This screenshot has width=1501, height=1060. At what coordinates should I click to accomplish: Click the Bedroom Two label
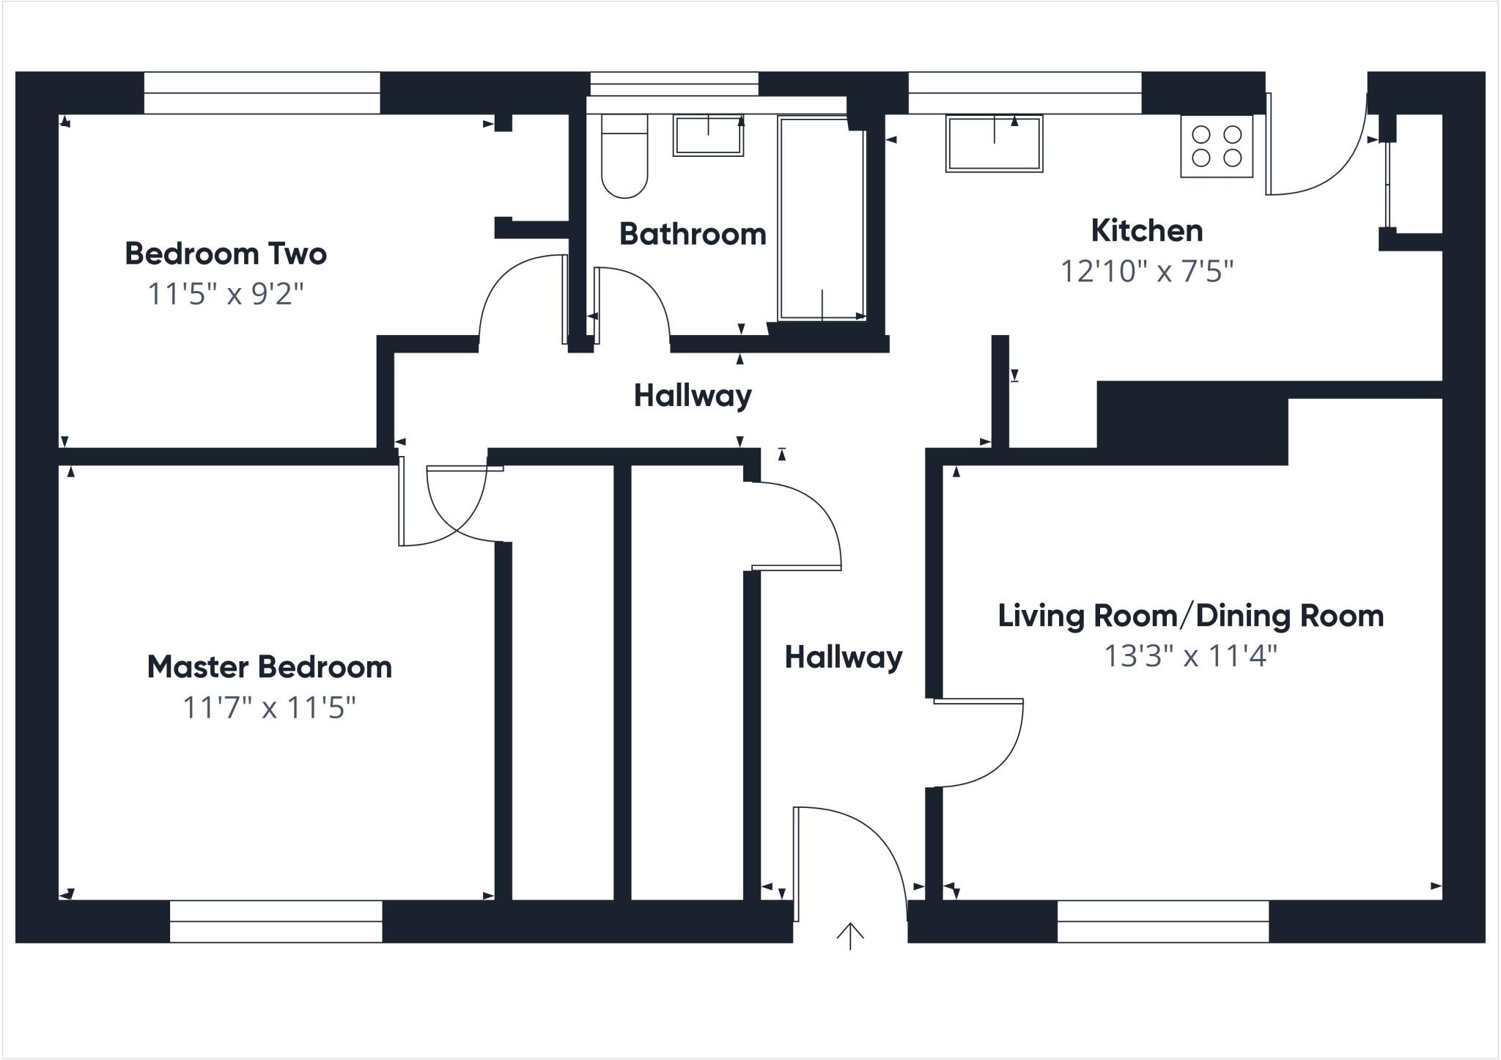[x=226, y=254]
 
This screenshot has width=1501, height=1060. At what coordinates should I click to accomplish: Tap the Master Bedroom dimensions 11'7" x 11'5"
[x=269, y=708]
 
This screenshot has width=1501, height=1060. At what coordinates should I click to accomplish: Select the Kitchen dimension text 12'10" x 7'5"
[x=1147, y=272]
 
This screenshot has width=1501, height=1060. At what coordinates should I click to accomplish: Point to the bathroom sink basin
[x=708, y=136]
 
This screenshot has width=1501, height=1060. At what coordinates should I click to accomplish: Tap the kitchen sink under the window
[x=994, y=144]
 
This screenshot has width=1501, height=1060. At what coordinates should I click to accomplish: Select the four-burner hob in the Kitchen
[x=1217, y=146]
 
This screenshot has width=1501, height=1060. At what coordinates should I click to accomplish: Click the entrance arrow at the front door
[x=850, y=935]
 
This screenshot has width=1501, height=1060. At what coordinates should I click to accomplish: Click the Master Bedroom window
[x=276, y=921]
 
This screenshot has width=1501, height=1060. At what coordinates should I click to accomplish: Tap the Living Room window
[x=1162, y=921]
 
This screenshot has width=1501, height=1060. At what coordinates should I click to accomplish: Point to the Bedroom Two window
[x=262, y=93]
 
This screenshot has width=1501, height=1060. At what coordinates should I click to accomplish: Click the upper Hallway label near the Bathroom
[x=693, y=396]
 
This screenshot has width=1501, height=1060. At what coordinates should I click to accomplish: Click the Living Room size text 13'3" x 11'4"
[x=1190, y=656]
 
